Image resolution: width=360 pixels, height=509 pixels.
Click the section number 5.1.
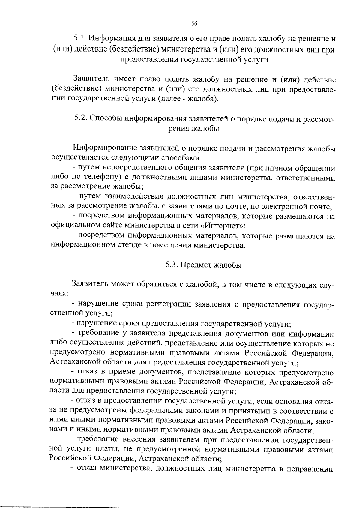tap(80, 39)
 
